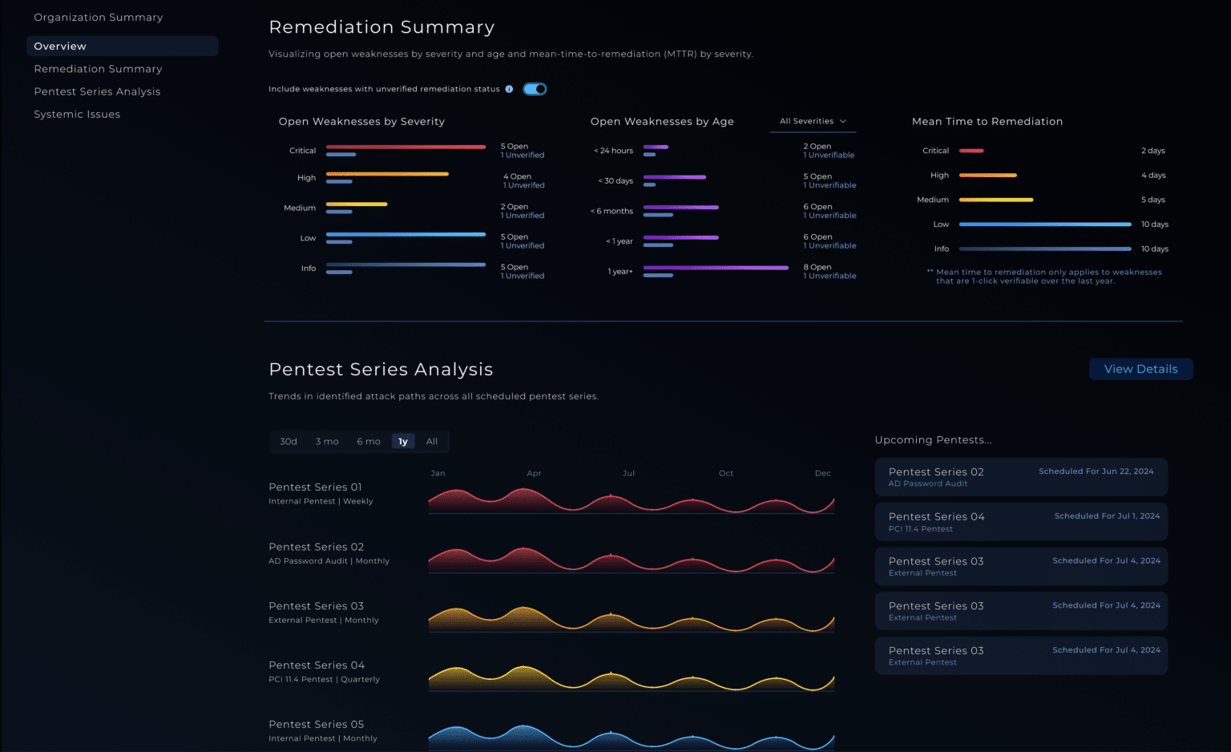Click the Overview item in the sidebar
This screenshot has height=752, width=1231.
point(60,46)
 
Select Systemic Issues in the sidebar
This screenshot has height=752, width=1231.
point(77,115)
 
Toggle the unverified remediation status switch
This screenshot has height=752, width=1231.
point(535,89)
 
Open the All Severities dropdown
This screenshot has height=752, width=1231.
point(813,121)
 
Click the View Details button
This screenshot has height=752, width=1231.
point(1140,369)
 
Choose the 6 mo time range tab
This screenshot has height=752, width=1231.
point(369,442)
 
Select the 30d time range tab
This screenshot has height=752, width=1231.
point(289,442)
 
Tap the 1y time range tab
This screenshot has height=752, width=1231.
point(403,442)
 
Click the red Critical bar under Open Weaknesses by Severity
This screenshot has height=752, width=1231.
point(406,147)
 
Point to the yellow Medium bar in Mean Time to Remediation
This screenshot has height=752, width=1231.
point(996,200)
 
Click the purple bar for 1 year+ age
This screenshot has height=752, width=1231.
point(716,268)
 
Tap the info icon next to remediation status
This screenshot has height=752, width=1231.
point(509,89)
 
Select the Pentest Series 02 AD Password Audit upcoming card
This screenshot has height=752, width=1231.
point(1020,477)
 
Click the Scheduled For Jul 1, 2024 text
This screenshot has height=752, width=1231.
point(1107,516)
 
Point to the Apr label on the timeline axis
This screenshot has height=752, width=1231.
point(534,474)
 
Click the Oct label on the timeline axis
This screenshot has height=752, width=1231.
point(726,474)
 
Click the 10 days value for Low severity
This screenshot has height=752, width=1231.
point(1155,224)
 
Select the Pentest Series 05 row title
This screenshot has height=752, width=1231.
point(317,725)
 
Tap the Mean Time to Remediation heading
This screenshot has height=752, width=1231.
point(987,122)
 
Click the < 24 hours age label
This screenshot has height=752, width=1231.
point(613,151)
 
